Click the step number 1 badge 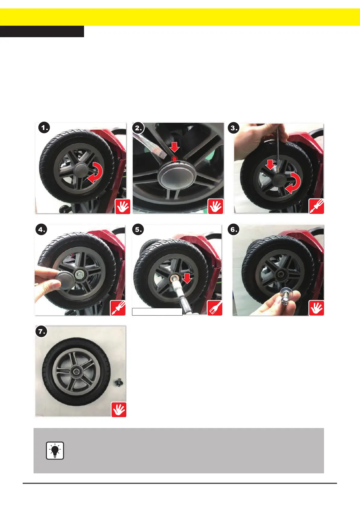pos(44,128)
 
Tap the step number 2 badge pos(138,128)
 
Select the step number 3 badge pos(234,128)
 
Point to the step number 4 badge pos(41,229)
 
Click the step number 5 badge pos(138,229)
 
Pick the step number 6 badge pos(234,229)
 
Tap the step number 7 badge pos(41,331)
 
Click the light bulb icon pos(55,450)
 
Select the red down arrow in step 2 pos(174,147)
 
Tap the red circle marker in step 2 pos(174,159)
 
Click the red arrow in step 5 pos(187,278)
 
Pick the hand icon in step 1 pos(123,206)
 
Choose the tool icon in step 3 pos(316,206)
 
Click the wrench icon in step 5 pos(215,308)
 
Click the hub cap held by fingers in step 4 pos(64,280)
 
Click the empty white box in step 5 pos(157,312)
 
